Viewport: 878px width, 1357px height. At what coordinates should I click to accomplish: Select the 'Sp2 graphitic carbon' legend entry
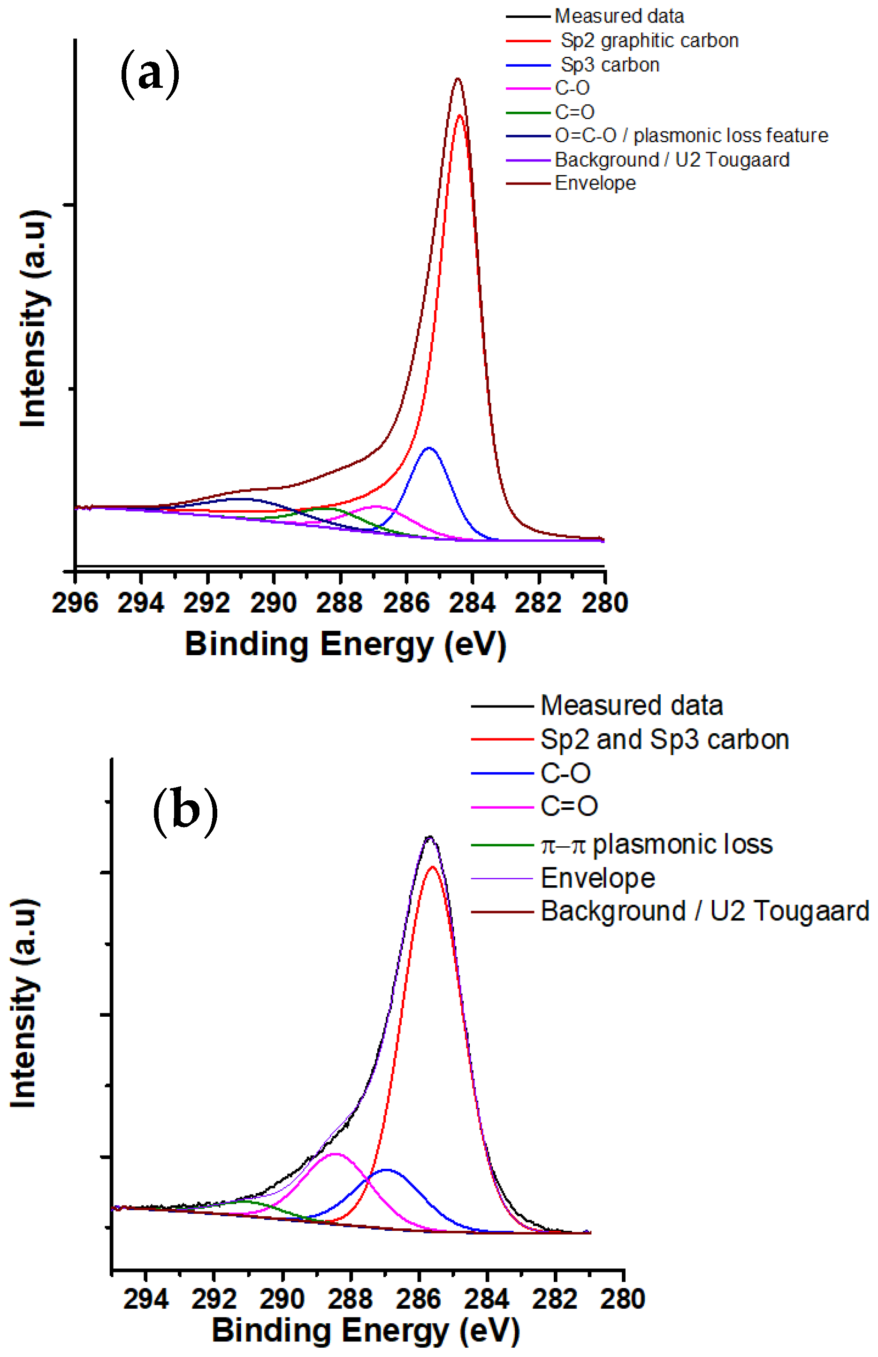click(x=649, y=40)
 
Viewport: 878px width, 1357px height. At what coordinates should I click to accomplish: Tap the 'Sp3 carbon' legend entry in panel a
click(x=610, y=65)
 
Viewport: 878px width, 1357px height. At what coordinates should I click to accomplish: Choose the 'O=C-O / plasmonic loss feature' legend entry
click(x=691, y=136)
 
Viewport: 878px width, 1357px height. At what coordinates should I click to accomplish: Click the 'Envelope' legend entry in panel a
click(x=595, y=183)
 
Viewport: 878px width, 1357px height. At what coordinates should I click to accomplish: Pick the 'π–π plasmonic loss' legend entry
click(x=656, y=844)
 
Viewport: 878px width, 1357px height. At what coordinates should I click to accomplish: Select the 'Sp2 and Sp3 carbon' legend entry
click(x=664, y=739)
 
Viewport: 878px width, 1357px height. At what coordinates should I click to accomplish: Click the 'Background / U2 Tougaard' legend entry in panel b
click(x=704, y=911)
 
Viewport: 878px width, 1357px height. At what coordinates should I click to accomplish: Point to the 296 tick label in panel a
click(x=75, y=603)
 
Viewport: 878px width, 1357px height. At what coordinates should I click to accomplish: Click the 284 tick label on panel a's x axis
click(x=472, y=603)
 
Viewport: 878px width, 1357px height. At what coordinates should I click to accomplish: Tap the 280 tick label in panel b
click(x=623, y=1298)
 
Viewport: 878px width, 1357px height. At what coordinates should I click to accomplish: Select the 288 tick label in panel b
click(x=350, y=1298)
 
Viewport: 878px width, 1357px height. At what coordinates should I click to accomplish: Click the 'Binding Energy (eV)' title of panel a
click(x=345, y=644)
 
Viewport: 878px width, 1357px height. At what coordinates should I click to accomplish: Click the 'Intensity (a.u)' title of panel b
click(x=24, y=1004)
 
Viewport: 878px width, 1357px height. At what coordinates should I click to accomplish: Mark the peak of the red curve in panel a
click(x=459, y=115)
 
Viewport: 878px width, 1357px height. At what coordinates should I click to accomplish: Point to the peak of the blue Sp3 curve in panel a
click(x=429, y=448)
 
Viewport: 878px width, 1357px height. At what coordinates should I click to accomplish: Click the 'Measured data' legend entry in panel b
click(x=631, y=706)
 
